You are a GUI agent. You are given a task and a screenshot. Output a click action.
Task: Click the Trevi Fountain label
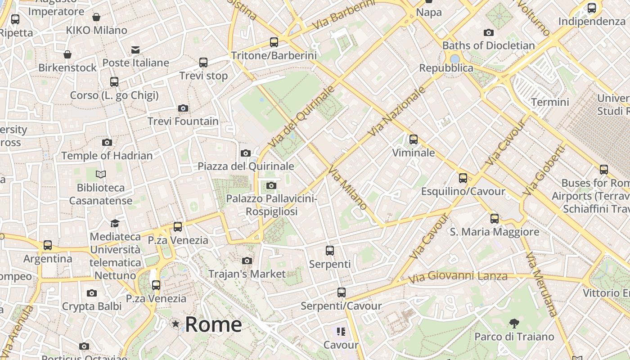point(183,121)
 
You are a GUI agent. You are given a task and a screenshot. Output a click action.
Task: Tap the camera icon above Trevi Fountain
point(183,108)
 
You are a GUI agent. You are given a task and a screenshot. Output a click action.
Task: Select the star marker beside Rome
point(175,324)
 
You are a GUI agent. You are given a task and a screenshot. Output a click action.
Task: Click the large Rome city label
point(213,324)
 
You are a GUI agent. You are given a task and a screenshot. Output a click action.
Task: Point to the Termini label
point(550,102)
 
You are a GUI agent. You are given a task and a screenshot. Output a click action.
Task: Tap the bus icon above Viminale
point(413,139)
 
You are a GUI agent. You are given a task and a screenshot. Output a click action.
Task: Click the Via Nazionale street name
point(396,112)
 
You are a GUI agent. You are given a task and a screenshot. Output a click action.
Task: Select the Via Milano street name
point(347,188)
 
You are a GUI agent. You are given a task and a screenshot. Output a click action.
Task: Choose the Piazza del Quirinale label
point(246,166)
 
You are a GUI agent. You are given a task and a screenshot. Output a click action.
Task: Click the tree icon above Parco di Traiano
point(514,323)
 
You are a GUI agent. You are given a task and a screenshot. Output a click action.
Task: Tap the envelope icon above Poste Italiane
point(135,49)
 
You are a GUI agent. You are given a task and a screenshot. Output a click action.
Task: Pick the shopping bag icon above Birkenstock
point(67,54)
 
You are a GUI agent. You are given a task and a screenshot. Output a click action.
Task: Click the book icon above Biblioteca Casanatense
point(101,174)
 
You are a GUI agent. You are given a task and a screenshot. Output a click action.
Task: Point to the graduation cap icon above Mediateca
point(115,223)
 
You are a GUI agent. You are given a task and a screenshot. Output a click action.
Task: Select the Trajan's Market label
point(247,274)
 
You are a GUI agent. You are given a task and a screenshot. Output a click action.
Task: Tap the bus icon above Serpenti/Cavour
point(341,292)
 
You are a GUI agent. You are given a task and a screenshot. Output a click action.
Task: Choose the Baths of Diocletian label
point(488,45)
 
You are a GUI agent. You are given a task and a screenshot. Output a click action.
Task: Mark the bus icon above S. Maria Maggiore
point(494,219)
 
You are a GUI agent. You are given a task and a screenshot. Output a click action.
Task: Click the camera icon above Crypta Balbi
point(92,293)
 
